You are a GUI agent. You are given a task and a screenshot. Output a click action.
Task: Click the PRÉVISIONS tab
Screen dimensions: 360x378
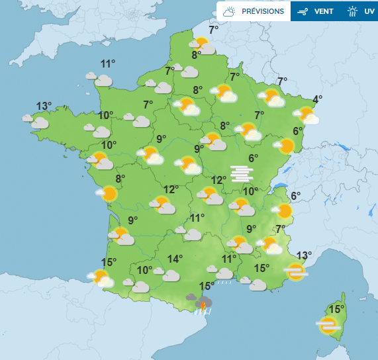(x=263, y=11)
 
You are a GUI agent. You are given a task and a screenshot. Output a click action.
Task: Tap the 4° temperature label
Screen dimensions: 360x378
(x=318, y=99)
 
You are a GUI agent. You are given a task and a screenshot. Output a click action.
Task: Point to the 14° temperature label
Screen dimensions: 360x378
(x=174, y=259)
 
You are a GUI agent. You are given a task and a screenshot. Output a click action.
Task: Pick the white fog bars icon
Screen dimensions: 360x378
(x=242, y=173)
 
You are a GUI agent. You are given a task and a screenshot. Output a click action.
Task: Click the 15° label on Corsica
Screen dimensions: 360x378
(x=337, y=309)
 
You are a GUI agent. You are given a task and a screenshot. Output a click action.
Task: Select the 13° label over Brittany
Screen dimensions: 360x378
(x=44, y=106)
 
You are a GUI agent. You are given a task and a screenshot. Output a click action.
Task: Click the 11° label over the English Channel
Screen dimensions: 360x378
(x=108, y=64)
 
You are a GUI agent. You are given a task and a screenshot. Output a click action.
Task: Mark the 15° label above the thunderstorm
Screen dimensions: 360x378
(x=207, y=286)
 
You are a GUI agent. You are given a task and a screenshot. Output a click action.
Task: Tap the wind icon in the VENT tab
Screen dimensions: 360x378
(x=304, y=11)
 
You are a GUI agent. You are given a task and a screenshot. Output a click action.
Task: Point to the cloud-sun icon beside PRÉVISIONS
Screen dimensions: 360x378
(x=230, y=11)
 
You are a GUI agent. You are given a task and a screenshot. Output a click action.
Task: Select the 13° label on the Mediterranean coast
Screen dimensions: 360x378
(x=304, y=255)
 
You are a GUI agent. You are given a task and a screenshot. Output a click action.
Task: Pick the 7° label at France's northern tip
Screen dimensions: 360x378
(x=214, y=30)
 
